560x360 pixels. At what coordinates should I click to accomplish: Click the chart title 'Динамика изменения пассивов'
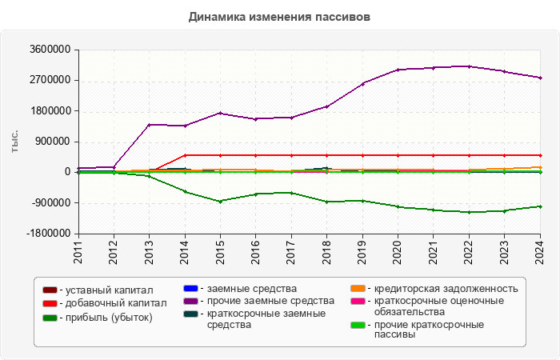279,16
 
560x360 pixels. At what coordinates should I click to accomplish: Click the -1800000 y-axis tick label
46,234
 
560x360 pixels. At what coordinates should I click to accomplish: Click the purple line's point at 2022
469,66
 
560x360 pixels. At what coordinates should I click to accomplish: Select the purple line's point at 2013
149,125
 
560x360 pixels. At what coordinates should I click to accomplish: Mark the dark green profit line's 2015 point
220,202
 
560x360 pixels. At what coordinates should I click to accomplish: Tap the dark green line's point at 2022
469,212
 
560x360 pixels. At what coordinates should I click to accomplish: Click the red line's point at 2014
185,155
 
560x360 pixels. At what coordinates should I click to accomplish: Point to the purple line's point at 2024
540,78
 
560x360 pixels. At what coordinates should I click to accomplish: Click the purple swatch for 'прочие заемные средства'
190,301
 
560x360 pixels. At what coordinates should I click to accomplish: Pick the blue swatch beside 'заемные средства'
190,288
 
